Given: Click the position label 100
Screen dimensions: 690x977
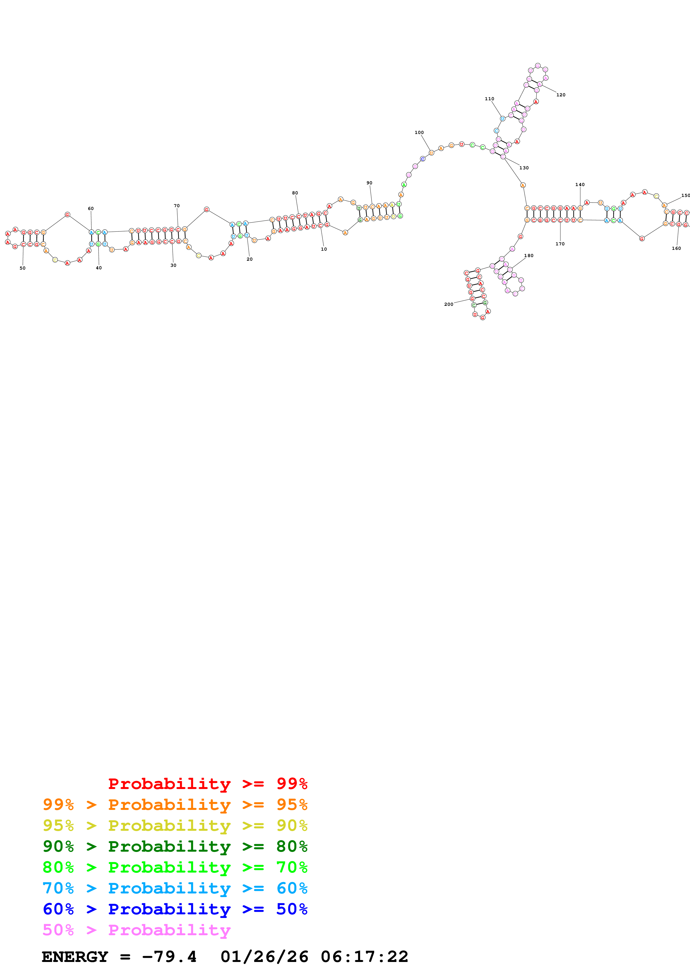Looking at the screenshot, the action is pos(419,132).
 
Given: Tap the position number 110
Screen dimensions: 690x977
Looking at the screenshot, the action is pos(489,99).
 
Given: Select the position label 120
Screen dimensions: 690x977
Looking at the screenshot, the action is pos(561,95).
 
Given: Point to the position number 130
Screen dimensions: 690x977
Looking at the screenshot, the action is pos(524,168).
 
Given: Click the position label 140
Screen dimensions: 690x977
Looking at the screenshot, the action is pos(580,185).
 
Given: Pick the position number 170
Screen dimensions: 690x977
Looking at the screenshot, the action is pos(560,244).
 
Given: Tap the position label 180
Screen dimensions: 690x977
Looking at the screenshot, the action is pos(529,256).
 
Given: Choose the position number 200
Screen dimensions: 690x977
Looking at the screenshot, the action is pos(448,304).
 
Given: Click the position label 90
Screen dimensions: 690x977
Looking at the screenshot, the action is pos(369,183).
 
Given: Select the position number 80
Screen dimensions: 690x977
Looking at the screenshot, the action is pos(295,193).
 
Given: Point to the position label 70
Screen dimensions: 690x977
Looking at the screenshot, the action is pos(177,206).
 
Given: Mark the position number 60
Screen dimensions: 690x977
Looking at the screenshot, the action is pos(90,209).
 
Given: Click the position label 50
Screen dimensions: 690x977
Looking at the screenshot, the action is pos(23,268).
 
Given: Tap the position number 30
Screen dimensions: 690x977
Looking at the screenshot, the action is pos(173,265).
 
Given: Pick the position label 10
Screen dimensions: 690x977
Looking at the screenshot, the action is pos(324,249).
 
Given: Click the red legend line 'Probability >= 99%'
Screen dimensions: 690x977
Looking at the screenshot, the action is pos(207,783).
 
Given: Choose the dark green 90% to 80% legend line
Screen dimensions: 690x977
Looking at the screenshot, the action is pos(175,846).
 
